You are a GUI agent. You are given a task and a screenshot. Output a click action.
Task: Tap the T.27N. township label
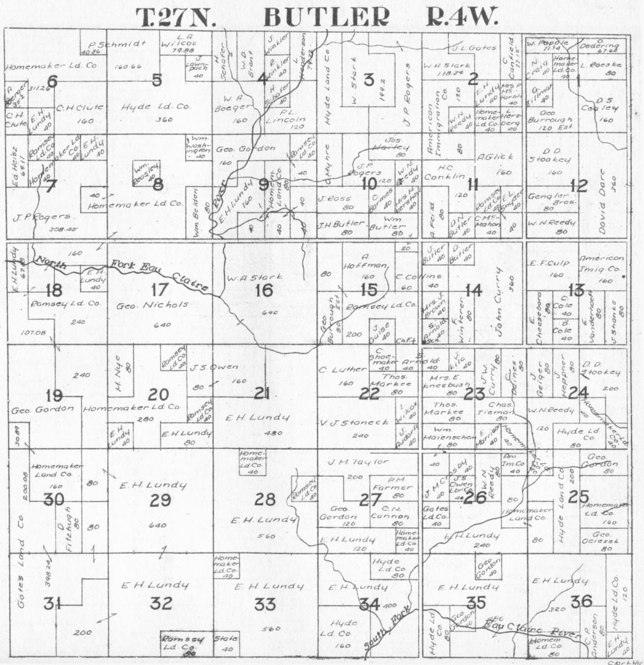(x=177, y=17)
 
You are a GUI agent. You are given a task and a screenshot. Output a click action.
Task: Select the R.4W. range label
(x=462, y=17)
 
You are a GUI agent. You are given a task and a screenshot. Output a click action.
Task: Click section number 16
(x=264, y=290)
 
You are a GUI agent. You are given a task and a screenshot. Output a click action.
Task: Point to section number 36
(x=581, y=601)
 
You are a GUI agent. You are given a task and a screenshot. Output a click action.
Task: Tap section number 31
(x=52, y=605)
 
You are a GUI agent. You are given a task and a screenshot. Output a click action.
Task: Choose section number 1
(x=577, y=81)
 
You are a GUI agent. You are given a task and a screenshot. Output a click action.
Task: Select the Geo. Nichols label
(x=152, y=305)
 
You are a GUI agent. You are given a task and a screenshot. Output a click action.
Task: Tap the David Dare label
(x=606, y=195)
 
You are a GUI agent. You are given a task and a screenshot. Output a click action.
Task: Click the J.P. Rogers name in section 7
(x=42, y=217)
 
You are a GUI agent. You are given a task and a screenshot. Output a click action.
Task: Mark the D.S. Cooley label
(x=607, y=104)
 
